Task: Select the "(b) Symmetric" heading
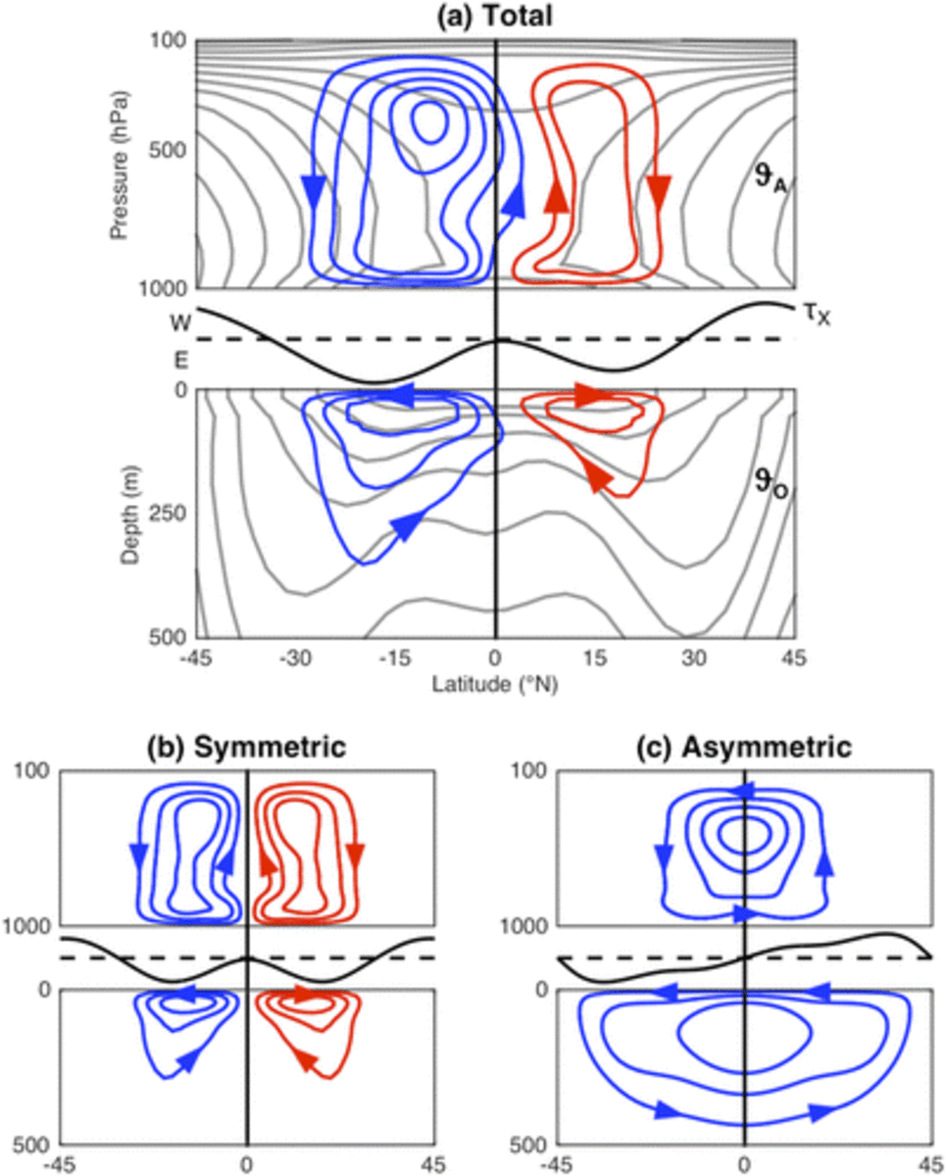(246, 748)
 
